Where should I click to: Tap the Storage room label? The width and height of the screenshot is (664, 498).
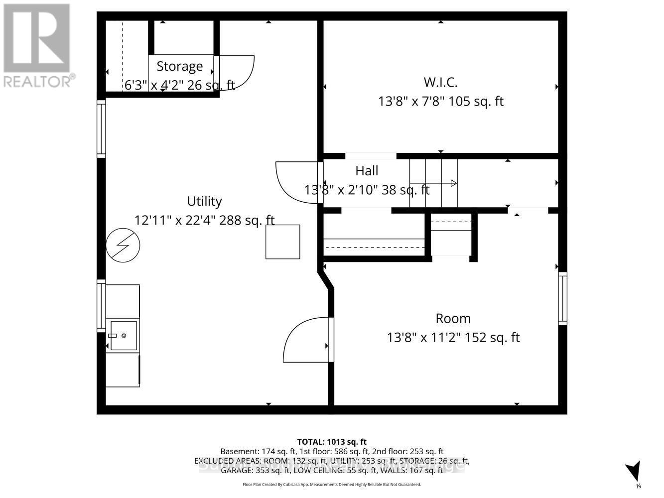pyautogui.click(x=179, y=66)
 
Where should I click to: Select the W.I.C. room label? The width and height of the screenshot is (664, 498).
pyautogui.click(x=440, y=82)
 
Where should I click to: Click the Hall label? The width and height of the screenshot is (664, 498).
pyautogui.click(x=367, y=171)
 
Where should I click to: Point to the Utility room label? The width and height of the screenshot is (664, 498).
pyautogui.click(x=204, y=201)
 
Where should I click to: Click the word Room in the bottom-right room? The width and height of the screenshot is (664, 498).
pyautogui.click(x=453, y=318)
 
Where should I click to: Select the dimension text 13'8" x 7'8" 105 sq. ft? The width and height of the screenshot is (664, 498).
pyautogui.click(x=440, y=102)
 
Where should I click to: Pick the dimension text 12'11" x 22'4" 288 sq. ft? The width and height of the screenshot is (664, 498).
pyautogui.click(x=204, y=220)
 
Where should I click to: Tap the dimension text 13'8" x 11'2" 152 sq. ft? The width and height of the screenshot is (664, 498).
pyautogui.click(x=453, y=338)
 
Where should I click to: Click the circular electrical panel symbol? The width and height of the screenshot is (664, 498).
pyautogui.click(x=123, y=245)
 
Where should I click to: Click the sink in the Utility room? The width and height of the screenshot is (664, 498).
pyautogui.click(x=123, y=335)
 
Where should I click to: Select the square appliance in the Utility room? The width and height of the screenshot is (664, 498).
pyautogui.click(x=282, y=242)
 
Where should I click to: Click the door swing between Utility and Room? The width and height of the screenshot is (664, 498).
pyautogui.click(x=305, y=341)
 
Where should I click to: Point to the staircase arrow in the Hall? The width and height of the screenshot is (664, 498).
pyautogui.click(x=438, y=183)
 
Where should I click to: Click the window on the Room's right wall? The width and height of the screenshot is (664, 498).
pyautogui.click(x=562, y=298)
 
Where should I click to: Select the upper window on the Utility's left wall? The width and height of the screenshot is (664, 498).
pyautogui.click(x=101, y=128)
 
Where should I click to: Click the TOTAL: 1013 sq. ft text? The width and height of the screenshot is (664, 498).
pyautogui.click(x=331, y=442)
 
